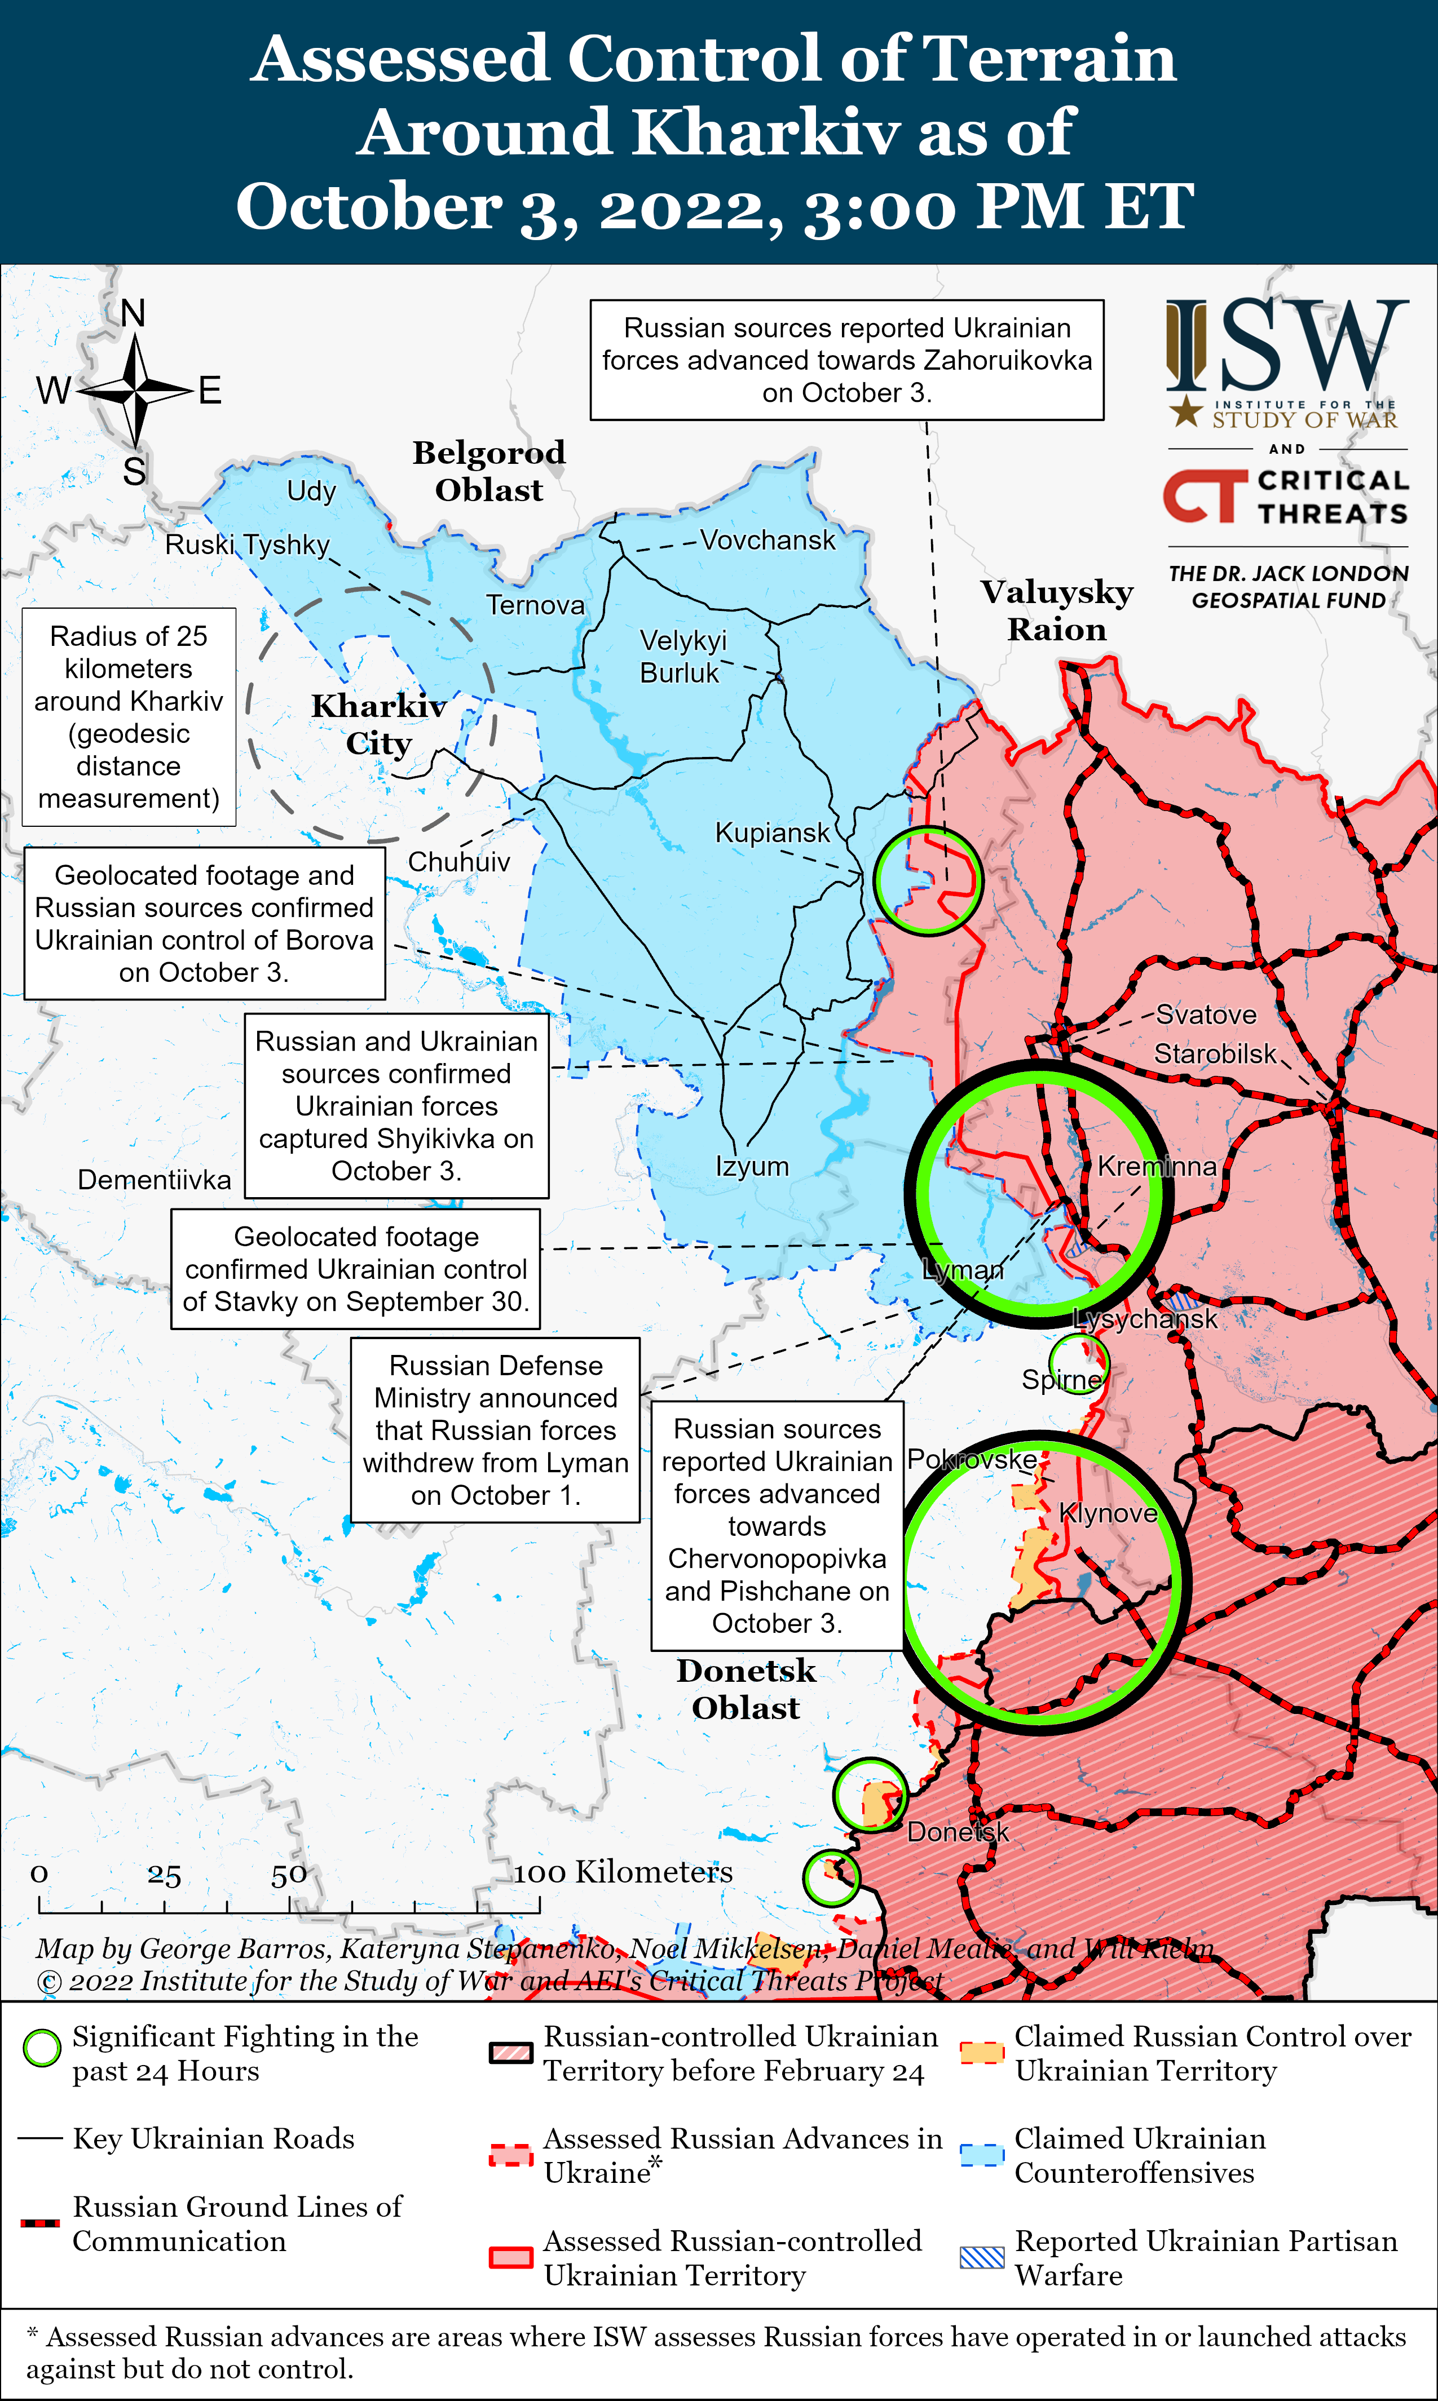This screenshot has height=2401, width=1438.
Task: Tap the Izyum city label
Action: (752, 1166)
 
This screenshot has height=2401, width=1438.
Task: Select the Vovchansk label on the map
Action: (767, 541)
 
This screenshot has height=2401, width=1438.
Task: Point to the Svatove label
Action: (1206, 1015)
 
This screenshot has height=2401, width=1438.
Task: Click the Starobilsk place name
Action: (1215, 1054)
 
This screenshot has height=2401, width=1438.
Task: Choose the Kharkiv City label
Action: (379, 724)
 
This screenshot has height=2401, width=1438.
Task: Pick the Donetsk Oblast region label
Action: (746, 1689)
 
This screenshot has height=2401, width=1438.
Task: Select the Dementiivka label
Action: (154, 1180)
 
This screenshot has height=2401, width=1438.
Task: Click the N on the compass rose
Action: (134, 314)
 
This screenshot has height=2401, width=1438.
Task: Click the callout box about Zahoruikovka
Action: (847, 360)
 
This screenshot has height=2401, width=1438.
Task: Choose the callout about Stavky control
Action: (356, 1269)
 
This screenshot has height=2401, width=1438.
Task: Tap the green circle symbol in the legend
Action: (42, 2048)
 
